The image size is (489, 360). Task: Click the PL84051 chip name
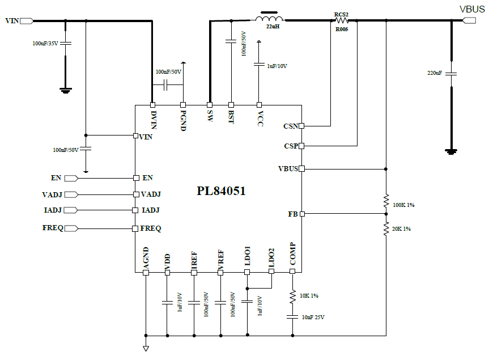coord(221,191)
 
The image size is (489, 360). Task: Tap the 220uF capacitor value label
coord(435,73)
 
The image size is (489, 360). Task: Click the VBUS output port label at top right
coord(472,9)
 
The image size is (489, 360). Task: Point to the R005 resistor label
coord(341,29)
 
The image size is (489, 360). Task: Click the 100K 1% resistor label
coord(403,205)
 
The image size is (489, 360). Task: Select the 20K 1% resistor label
coord(401,228)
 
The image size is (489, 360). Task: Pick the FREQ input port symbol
coord(71,228)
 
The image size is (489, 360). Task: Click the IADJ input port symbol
coord(70,210)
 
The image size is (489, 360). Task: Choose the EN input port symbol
coord(71,178)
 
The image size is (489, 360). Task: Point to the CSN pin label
coord(290,126)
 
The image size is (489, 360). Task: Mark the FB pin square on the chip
coord(302,214)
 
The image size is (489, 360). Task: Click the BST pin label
coord(231,117)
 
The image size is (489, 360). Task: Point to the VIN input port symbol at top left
coord(27,21)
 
